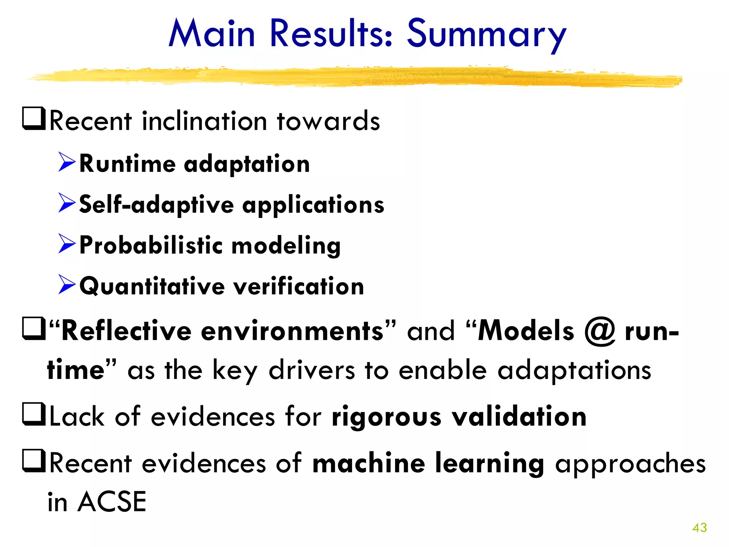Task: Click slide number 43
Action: coord(699,527)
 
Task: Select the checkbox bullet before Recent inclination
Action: coord(34,119)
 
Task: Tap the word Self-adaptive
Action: coord(157,205)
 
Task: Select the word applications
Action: coord(313,206)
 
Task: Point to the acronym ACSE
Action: coord(112,502)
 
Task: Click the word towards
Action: coord(328,121)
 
